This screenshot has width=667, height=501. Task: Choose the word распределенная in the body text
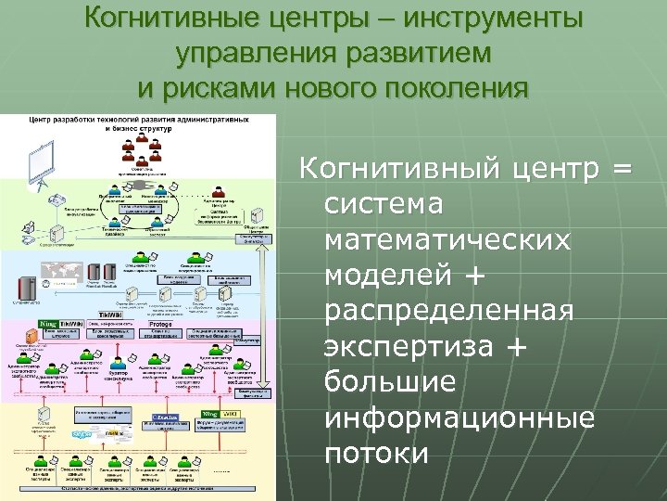[450, 310]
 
